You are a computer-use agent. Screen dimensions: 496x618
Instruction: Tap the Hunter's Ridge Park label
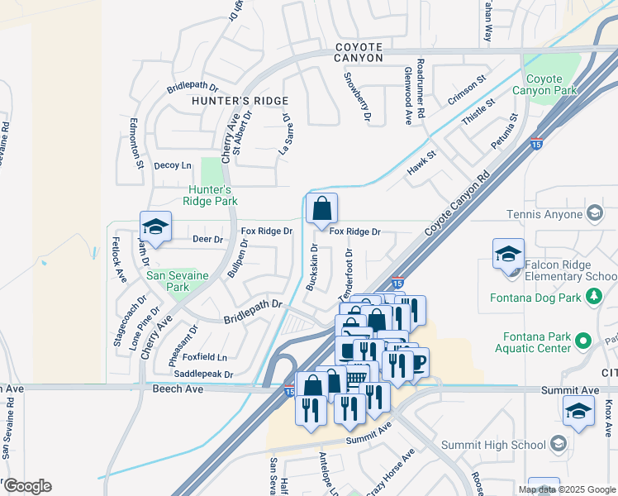coord(211,195)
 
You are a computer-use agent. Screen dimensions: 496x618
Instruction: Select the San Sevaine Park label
coord(168,281)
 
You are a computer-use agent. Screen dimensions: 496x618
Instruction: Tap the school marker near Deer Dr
coord(154,227)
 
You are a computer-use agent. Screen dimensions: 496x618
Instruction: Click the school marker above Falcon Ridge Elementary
coord(508,254)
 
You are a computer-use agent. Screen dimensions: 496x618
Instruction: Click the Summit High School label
coord(493,445)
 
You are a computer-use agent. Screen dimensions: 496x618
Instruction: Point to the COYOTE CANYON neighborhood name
coord(359,53)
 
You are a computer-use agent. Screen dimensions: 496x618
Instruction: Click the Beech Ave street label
coord(178,388)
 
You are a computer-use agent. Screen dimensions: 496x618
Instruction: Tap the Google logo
coord(26,486)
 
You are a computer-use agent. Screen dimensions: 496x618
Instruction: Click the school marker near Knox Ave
coord(578,412)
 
